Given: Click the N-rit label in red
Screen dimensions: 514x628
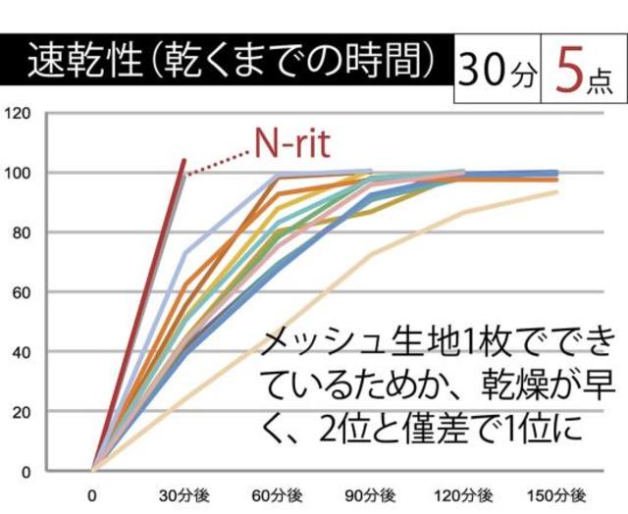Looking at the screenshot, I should pos(291,144).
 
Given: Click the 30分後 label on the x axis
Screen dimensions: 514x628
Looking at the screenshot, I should pos(184,493).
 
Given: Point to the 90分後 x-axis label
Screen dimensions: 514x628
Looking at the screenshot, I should pos(371,493).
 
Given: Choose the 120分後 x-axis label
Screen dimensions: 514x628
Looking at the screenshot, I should pos(464,493).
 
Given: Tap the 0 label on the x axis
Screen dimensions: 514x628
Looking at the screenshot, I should pos(92,493).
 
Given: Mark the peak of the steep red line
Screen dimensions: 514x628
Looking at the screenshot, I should pos(183,160).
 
